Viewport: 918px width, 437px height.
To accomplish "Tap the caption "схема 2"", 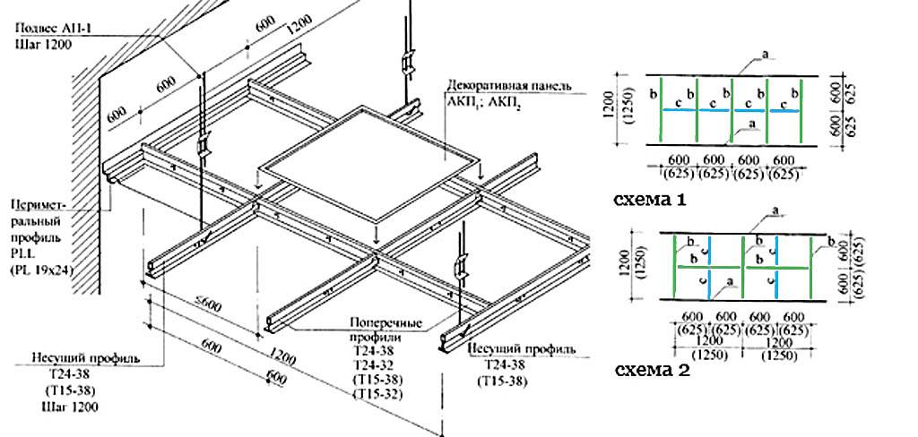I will tap(652, 369).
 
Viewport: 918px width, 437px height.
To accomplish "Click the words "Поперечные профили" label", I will tap(377, 329).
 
